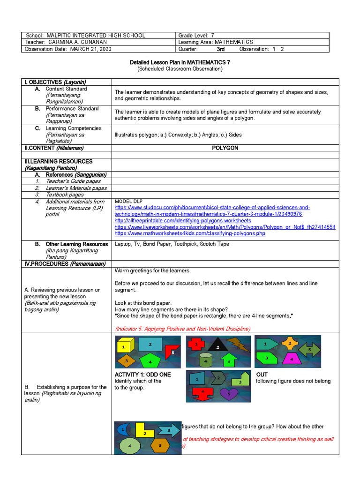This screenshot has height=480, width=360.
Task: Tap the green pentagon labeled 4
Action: point(150,361)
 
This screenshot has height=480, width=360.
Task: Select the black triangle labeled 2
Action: point(217,346)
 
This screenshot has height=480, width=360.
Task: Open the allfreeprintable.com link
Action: point(183,220)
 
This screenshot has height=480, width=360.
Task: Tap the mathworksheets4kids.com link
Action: point(190,233)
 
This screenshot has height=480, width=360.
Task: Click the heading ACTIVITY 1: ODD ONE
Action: point(142,375)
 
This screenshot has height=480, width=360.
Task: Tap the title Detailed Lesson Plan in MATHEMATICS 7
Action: point(180,62)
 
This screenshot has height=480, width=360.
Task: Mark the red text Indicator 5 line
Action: point(182,329)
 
